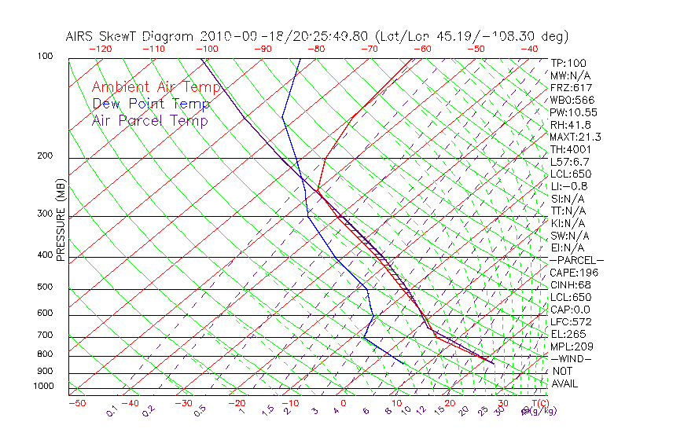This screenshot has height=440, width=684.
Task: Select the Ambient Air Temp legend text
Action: [156, 87]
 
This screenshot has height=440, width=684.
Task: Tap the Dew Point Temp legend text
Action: [150, 104]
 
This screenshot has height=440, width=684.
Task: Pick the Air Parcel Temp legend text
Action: [149, 120]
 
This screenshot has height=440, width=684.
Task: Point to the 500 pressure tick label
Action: [44, 287]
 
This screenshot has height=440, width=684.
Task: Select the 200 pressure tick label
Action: [44, 156]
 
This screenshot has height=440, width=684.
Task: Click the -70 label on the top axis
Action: [368, 48]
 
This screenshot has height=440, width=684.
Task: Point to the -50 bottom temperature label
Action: [76, 403]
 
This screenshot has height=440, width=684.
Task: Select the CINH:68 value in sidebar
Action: [569, 285]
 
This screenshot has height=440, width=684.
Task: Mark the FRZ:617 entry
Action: [571, 87]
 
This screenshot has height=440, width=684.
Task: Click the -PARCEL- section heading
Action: [576, 260]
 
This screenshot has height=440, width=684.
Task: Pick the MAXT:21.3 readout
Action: [576, 137]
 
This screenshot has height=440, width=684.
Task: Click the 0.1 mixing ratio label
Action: [112, 410]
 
